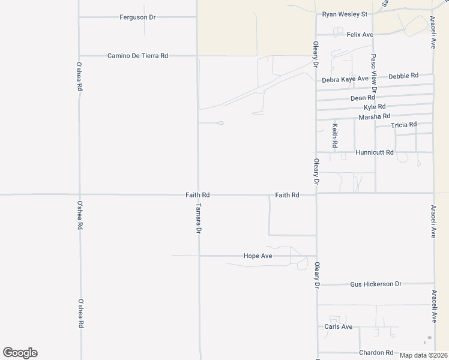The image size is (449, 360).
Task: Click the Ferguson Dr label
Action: [x=137, y=17]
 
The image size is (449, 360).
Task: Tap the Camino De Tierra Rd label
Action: [x=137, y=55]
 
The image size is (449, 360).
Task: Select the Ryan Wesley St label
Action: [x=345, y=14]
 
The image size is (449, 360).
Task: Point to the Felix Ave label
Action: [x=360, y=35]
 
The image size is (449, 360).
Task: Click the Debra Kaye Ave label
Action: [x=345, y=79]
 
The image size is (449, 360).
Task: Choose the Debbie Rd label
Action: [x=403, y=76]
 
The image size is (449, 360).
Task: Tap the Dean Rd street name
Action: [x=363, y=97]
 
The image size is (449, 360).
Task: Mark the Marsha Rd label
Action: [x=375, y=116]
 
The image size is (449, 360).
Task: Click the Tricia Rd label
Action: [x=403, y=125]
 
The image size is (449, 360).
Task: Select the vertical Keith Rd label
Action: [x=335, y=136]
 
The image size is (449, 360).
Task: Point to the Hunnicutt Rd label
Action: [x=375, y=152]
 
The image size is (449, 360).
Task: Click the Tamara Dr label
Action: [x=199, y=218]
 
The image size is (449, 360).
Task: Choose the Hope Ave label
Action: [x=258, y=256]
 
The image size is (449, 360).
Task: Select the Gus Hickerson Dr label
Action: [x=376, y=283]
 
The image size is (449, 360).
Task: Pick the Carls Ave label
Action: [x=339, y=326]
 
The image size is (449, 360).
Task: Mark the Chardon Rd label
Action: [x=376, y=353]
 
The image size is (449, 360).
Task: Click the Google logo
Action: [x=20, y=353]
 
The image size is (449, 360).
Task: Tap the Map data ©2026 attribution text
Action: [x=423, y=355]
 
